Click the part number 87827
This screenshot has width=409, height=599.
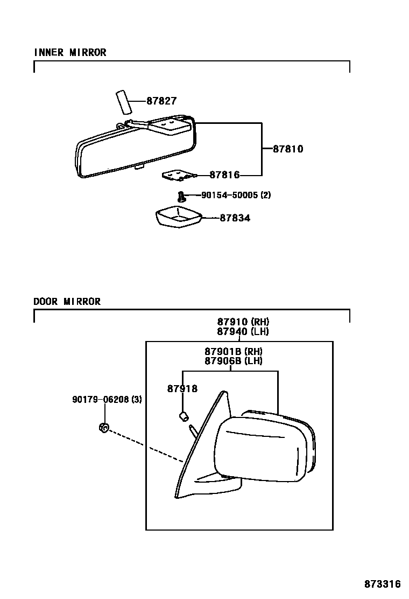tap(161, 101)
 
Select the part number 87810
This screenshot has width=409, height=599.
tap(287, 149)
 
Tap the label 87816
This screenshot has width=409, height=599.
tap(224, 175)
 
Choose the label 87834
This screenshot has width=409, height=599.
tap(235, 218)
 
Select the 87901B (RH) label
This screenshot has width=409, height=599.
tap(234, 352)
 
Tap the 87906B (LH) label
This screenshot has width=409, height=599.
tap(234, 361)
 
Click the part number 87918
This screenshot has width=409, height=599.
tap(182, 389)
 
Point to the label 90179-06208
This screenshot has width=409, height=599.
tap(107, 400)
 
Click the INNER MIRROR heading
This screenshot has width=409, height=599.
tap(70, 52)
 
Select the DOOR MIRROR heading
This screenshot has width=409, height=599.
tap(67, 302)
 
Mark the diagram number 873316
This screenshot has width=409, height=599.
tap(383, 584)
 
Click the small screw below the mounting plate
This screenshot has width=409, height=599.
tap(182, 196)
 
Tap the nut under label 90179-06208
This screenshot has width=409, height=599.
tap(104, 428)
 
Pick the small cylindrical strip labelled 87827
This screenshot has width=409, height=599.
tap(124, 102)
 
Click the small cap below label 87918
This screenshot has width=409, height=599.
tap(183, 415)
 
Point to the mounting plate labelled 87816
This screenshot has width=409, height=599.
tap(178, 176)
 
